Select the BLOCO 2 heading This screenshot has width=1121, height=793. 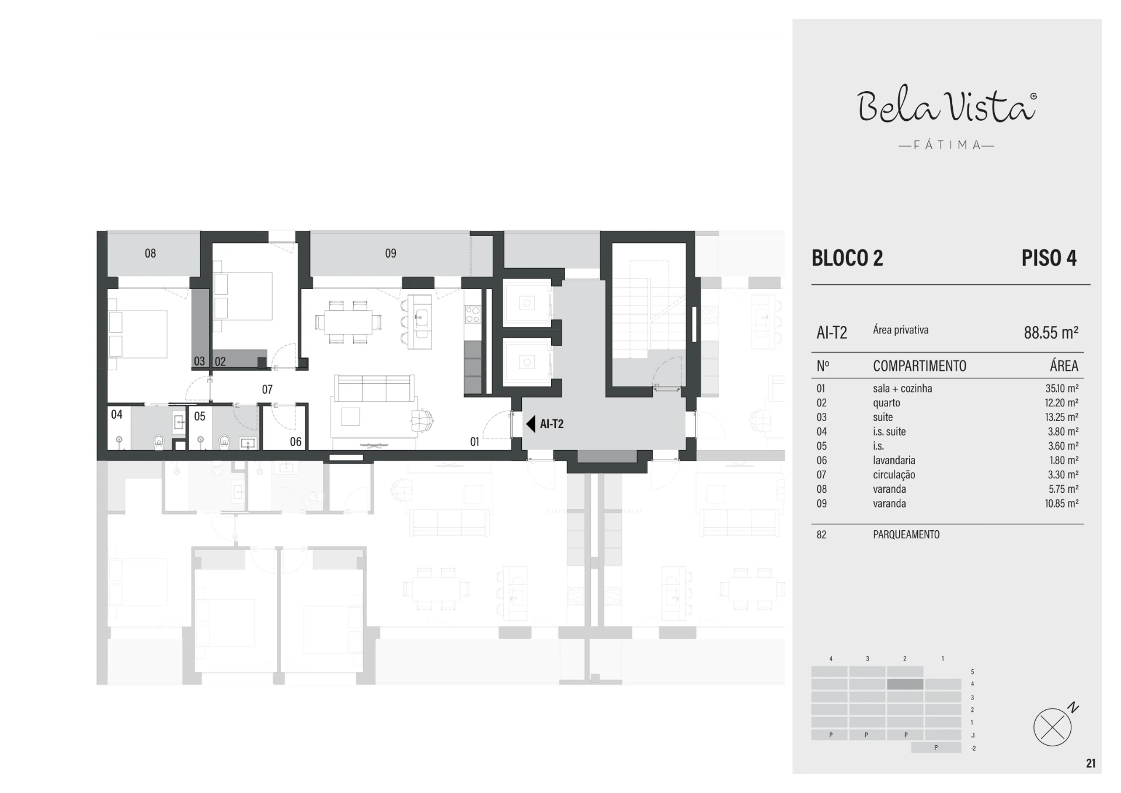[x=847, y=258]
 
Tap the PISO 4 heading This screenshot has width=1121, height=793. [x=1049, y=258]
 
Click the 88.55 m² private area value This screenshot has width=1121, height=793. [x=1051, y=332]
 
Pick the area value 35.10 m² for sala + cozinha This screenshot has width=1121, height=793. [x=1061, y=388]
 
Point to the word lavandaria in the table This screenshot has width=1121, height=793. [x=894, y=460]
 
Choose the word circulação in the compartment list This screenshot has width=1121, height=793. [x=894, y=475]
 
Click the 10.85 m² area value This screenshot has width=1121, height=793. [x=1061, y=503]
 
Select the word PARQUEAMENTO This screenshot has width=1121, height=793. [x=906, y=534]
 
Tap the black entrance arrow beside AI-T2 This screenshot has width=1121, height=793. [x=531, y=424]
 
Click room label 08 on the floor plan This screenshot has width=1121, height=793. [x=150, y=253]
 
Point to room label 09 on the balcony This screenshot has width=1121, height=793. [x=391, y=253]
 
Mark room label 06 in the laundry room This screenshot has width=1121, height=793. [x=295, y=442]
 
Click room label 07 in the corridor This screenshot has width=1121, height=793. [x=267, y=389]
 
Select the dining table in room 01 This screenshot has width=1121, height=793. [x=349, y=322]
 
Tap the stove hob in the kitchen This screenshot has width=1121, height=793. [x=472, y=315]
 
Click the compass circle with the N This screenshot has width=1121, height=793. [x=1052, y=727]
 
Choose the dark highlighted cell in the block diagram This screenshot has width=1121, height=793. [x=905, y=684]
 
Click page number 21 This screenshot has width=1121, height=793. [x=1091, y=763]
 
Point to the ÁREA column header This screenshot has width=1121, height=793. [x=1064, y=366]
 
